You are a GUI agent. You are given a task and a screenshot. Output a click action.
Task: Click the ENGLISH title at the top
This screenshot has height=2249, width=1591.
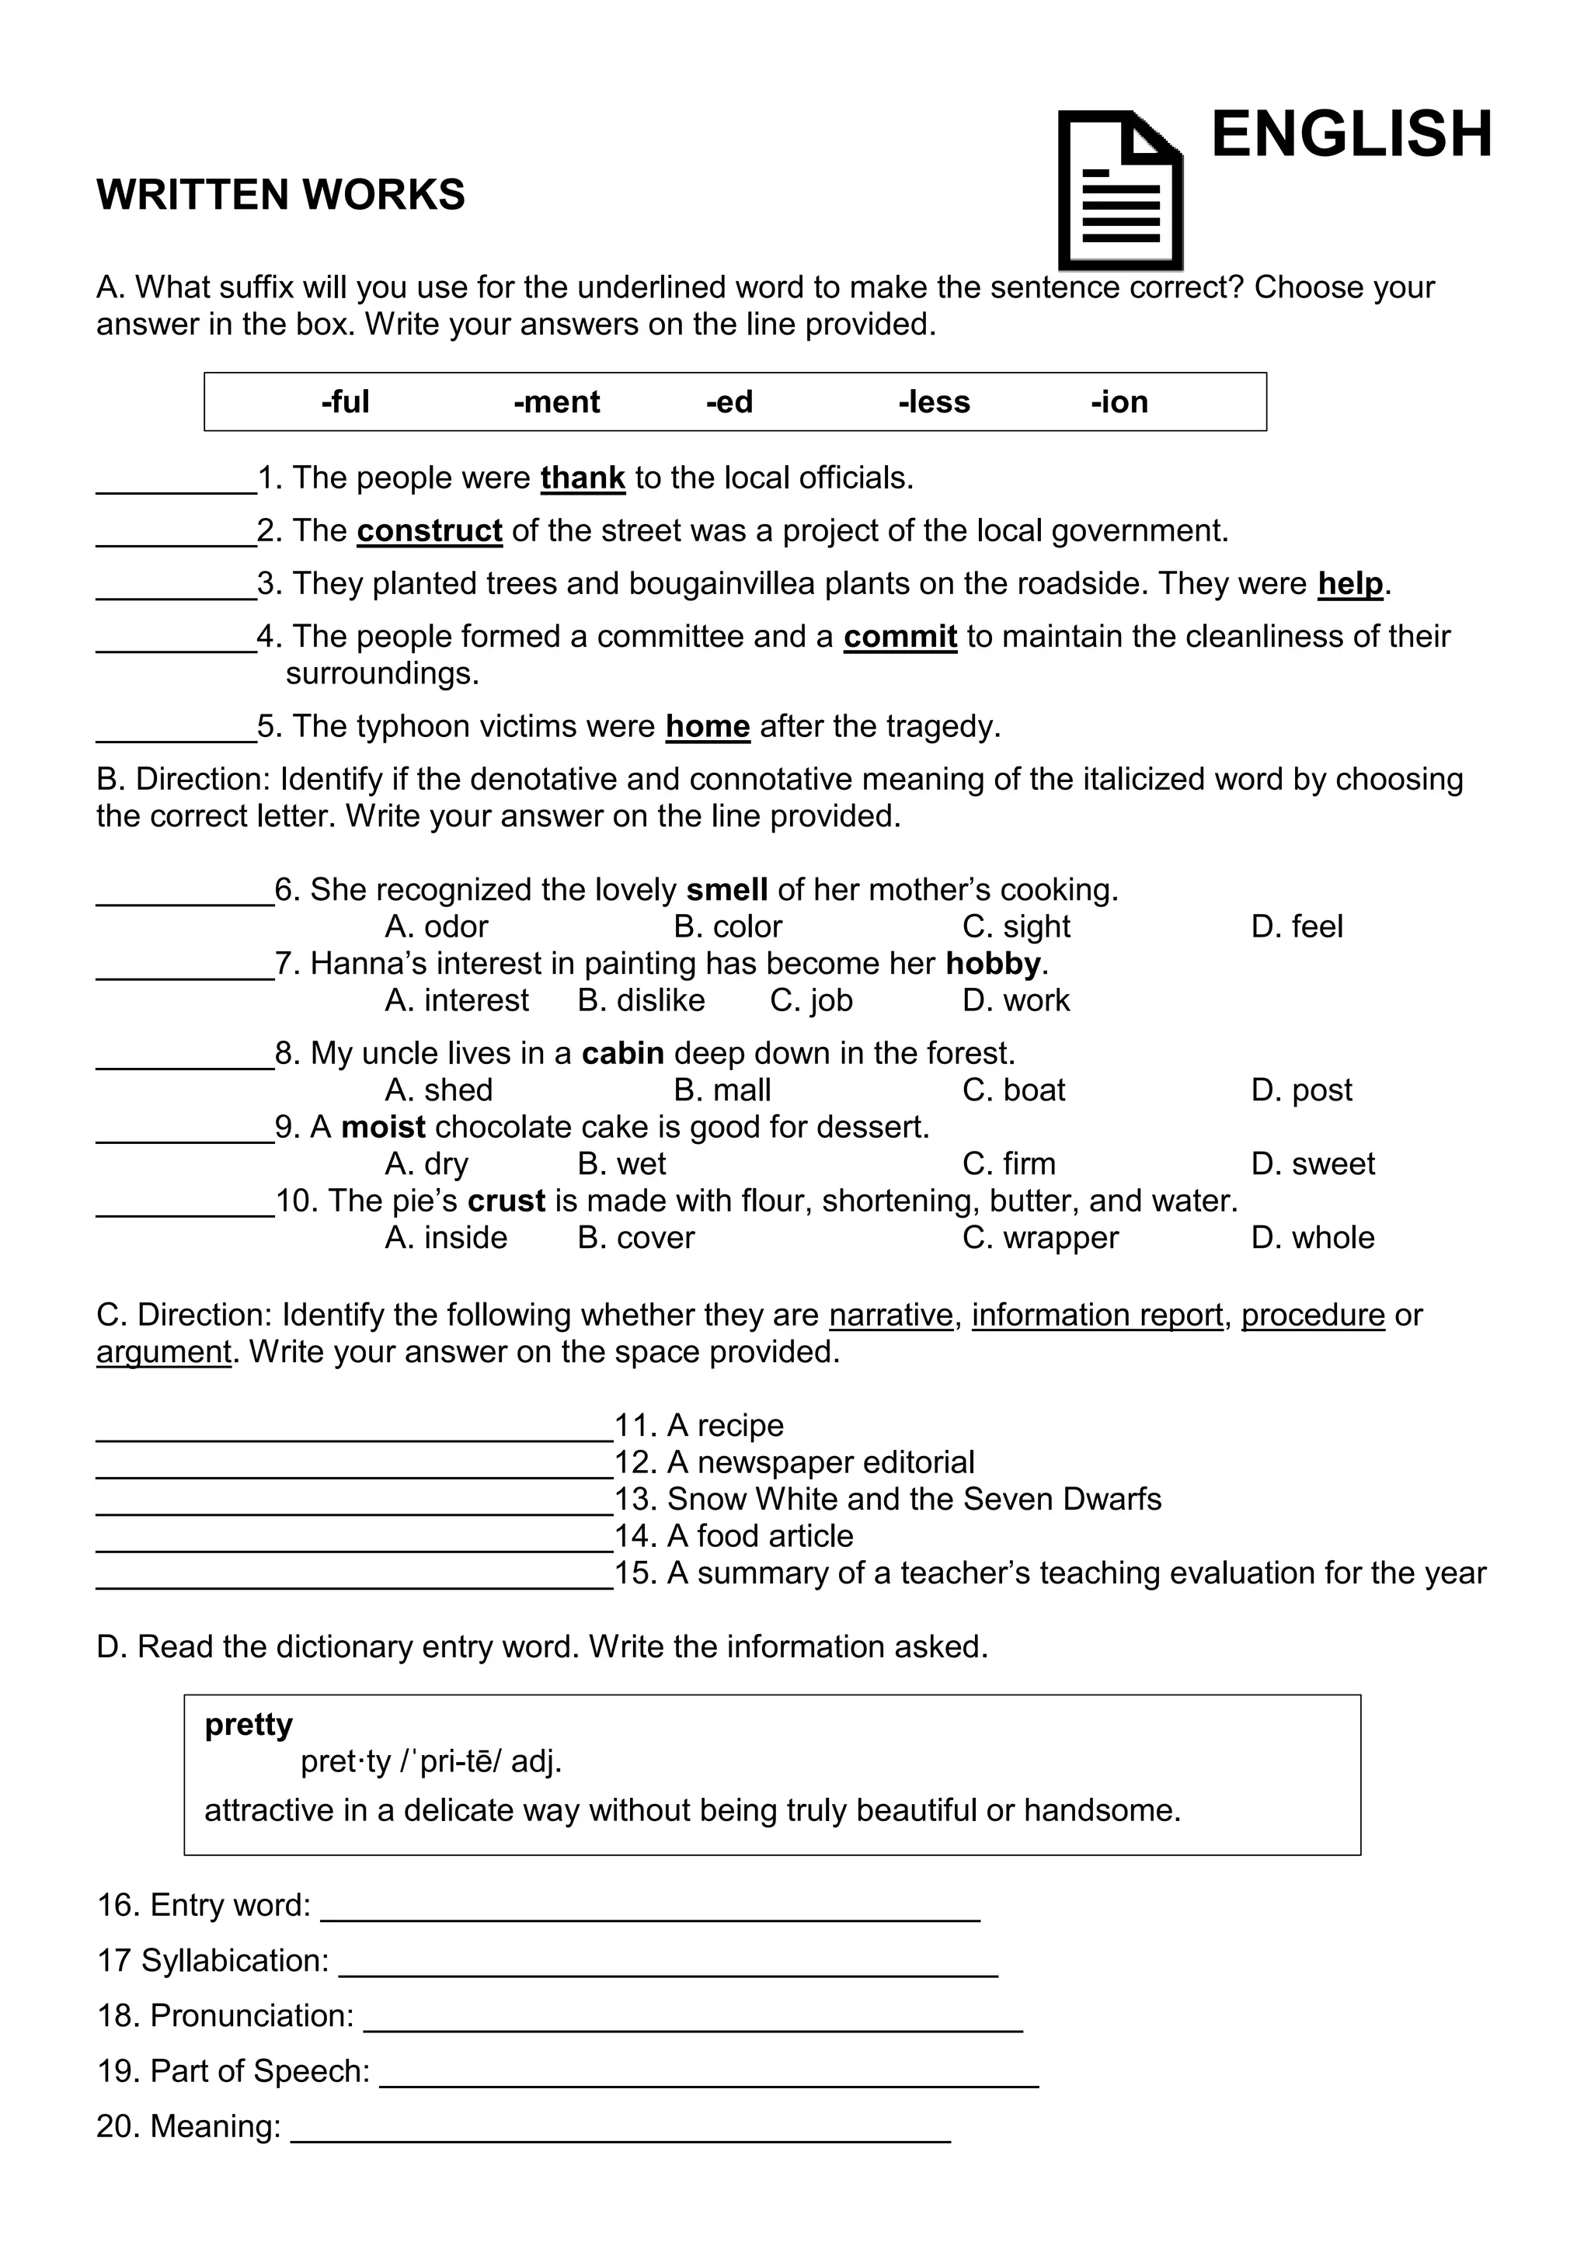[1351, 134]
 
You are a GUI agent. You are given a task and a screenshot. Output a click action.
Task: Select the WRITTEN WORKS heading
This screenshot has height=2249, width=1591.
[280, 195]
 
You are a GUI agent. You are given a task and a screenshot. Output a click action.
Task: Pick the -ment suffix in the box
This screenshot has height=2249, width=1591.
[556, 402]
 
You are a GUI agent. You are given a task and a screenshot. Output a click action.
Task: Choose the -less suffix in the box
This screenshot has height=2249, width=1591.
[934, 402]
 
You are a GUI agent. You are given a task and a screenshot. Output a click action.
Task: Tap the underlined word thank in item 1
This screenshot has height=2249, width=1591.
[582, 478]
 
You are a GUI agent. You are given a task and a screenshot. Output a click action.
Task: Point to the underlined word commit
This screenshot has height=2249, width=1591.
[900, 637]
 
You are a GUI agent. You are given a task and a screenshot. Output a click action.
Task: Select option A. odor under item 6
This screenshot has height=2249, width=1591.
[436, 926]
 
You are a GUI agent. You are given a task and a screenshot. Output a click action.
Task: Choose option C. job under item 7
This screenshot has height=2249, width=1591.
[810, 1001]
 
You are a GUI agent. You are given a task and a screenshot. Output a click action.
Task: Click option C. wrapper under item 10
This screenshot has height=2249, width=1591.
[1039, 1238]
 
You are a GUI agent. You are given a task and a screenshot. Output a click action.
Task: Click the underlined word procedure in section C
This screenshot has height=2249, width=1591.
[1312, 1315]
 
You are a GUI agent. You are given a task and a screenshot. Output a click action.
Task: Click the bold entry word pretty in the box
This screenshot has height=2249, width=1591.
[248, 1724]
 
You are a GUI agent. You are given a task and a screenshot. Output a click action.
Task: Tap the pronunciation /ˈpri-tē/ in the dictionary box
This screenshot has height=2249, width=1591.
[450, 1762]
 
